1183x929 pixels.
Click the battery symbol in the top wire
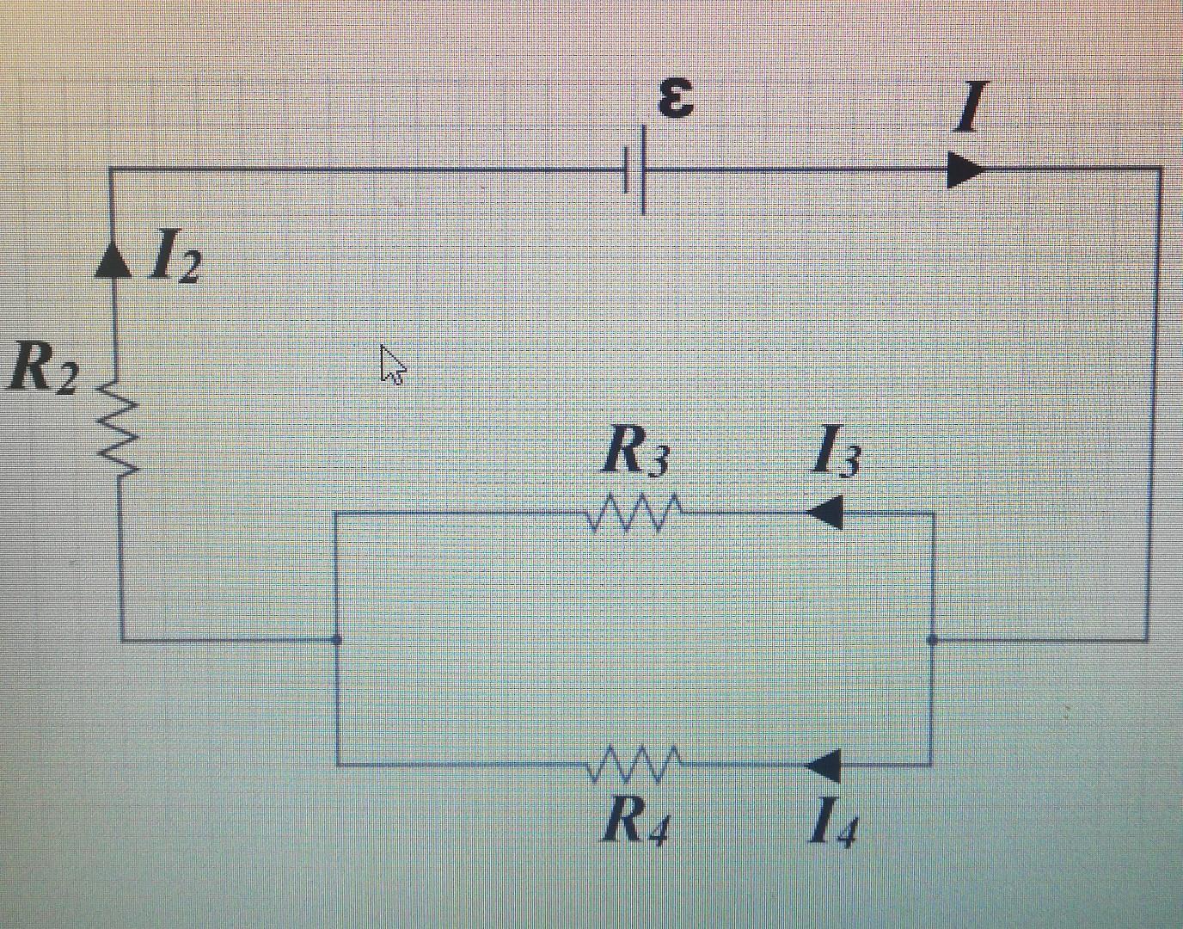tap(635, 169)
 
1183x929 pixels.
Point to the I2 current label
tap(175, 258)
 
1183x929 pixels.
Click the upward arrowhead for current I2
tap(113, 259)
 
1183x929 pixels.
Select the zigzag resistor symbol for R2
tap(118, 428)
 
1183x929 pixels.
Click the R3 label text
tap(634, 451)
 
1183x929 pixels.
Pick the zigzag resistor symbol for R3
tap(634, 513)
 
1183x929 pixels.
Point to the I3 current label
tap(836, 452)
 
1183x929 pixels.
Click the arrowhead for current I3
tap(825, 513)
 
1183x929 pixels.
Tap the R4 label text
tap(636, 822)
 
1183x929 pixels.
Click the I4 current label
tap(833, 823)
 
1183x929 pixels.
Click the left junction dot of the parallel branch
tap(336, 640)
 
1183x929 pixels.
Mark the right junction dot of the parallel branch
tap(933, 640)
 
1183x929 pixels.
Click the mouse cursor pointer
tap(392, 365)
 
